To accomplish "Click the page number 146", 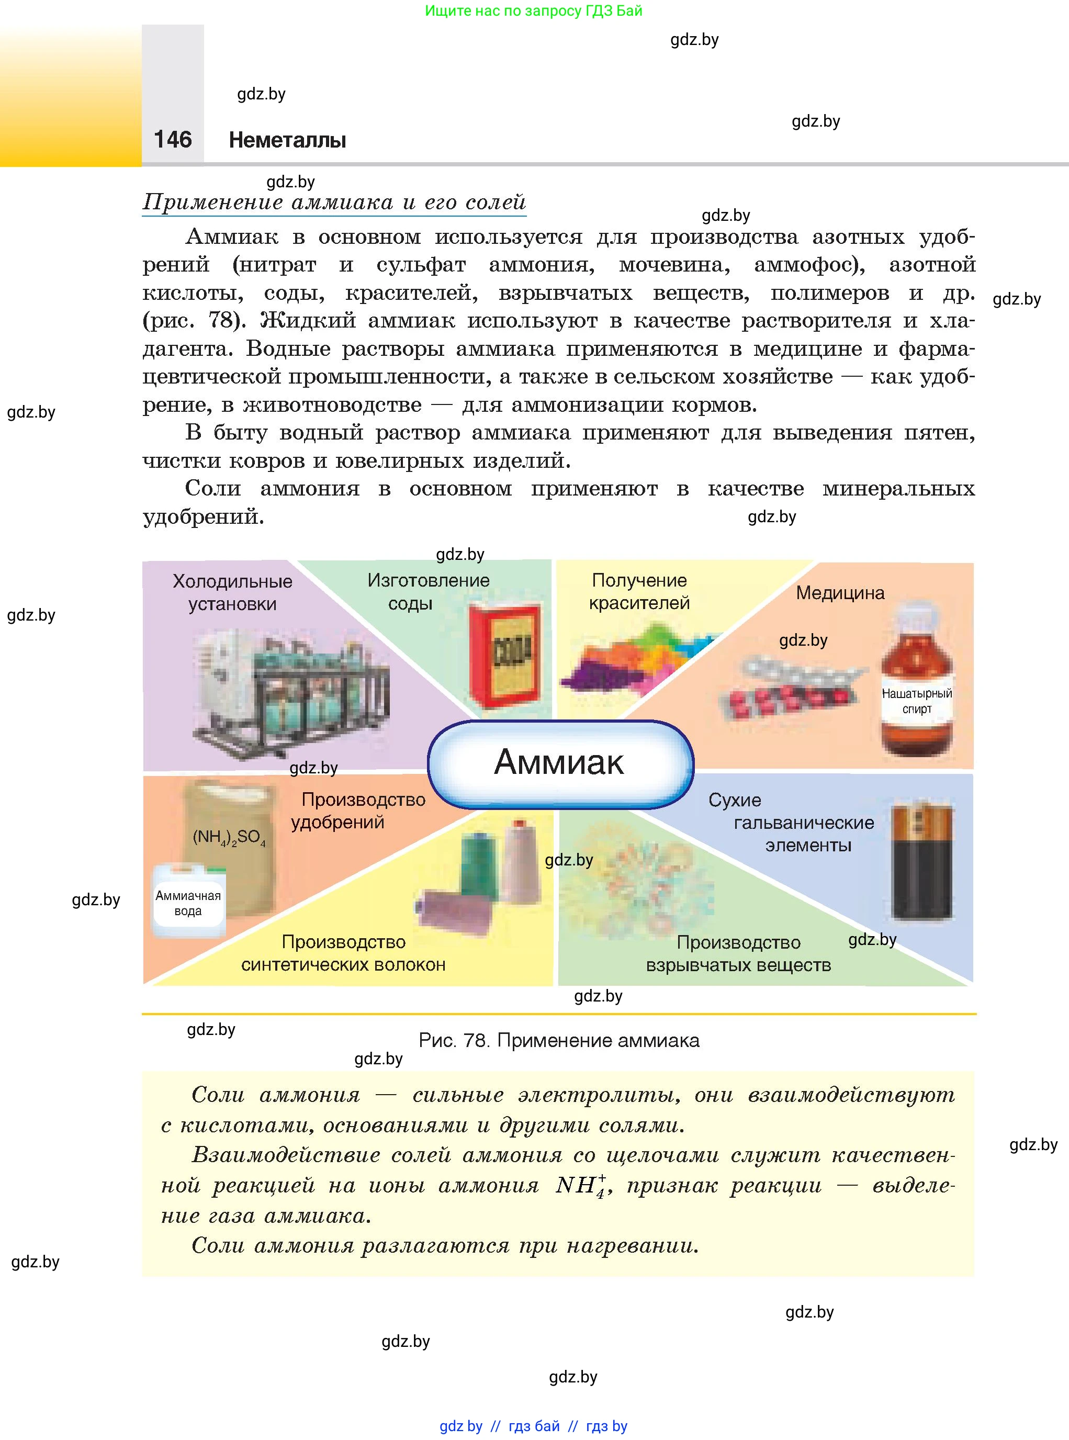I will [173, 139].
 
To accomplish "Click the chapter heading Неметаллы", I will [287, 140].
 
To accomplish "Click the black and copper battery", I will [921, 861].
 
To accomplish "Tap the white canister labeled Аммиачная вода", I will [188, 902].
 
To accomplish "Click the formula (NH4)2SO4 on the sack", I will [229, 837].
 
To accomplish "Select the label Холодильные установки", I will [232, 592].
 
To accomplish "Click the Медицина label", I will [840, 593].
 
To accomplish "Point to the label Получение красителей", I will [639, 591].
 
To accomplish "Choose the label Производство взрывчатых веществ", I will [738, 953].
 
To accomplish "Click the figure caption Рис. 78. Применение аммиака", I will [559, 1040].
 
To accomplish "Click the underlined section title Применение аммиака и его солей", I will [334, 202].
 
